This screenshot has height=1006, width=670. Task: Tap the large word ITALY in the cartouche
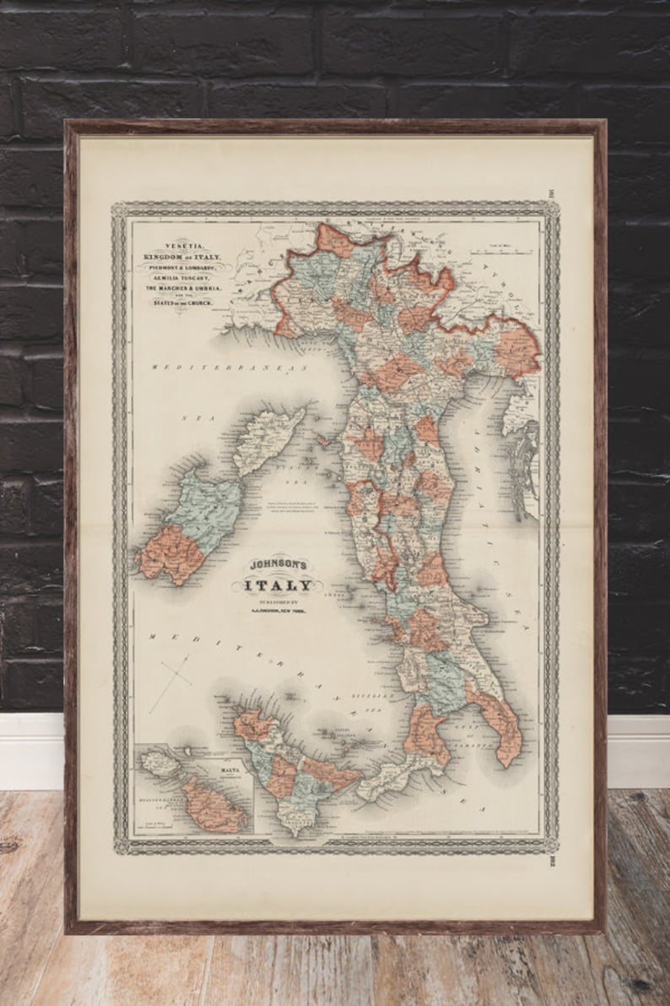pos(277,585)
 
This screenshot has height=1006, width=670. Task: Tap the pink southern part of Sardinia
pos(172,554)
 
